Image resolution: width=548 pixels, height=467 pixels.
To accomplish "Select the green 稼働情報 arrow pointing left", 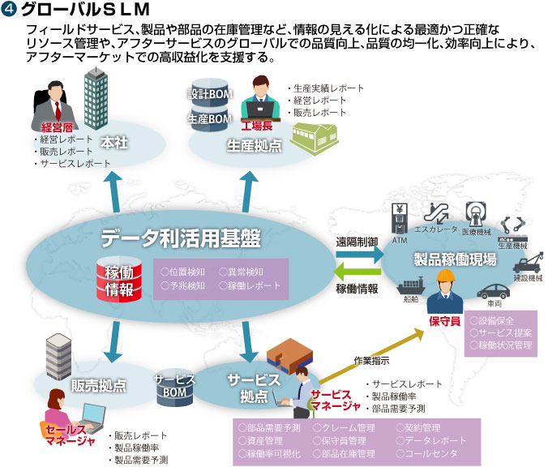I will click(358, 272).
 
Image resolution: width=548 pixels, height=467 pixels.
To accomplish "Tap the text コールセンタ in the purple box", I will click(429, 453).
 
